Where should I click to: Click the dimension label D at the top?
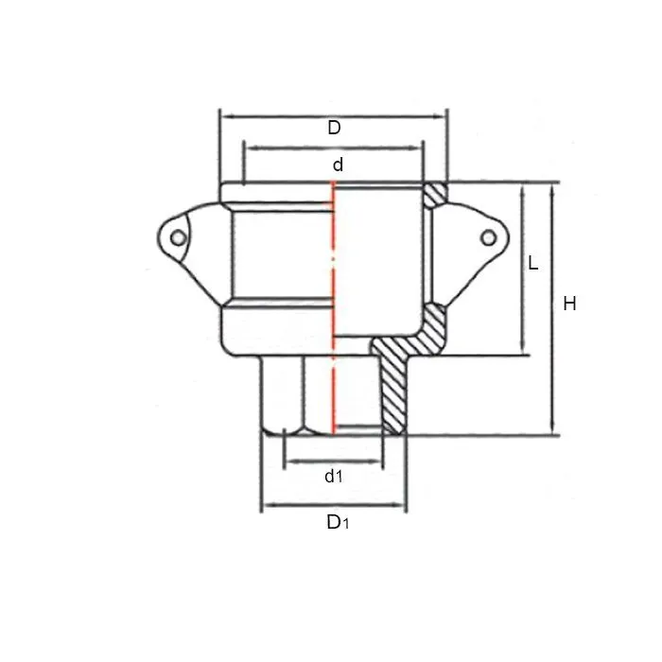(x=334, y=128)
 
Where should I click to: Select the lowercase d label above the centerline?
(x=338, y=165)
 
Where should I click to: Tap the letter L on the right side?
(x=533, y=264)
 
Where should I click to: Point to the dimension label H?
(x=569, y=304)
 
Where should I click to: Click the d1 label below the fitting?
(x=333, y=477)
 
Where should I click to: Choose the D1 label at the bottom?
(x=337, y=521)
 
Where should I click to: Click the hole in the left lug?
(x=177, y=237)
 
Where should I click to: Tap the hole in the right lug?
(x=488, y=237)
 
